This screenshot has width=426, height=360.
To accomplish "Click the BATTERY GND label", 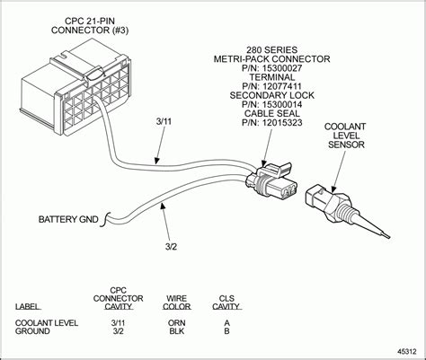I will pos(67,219).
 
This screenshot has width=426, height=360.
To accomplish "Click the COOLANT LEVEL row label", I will pos(48,321).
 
